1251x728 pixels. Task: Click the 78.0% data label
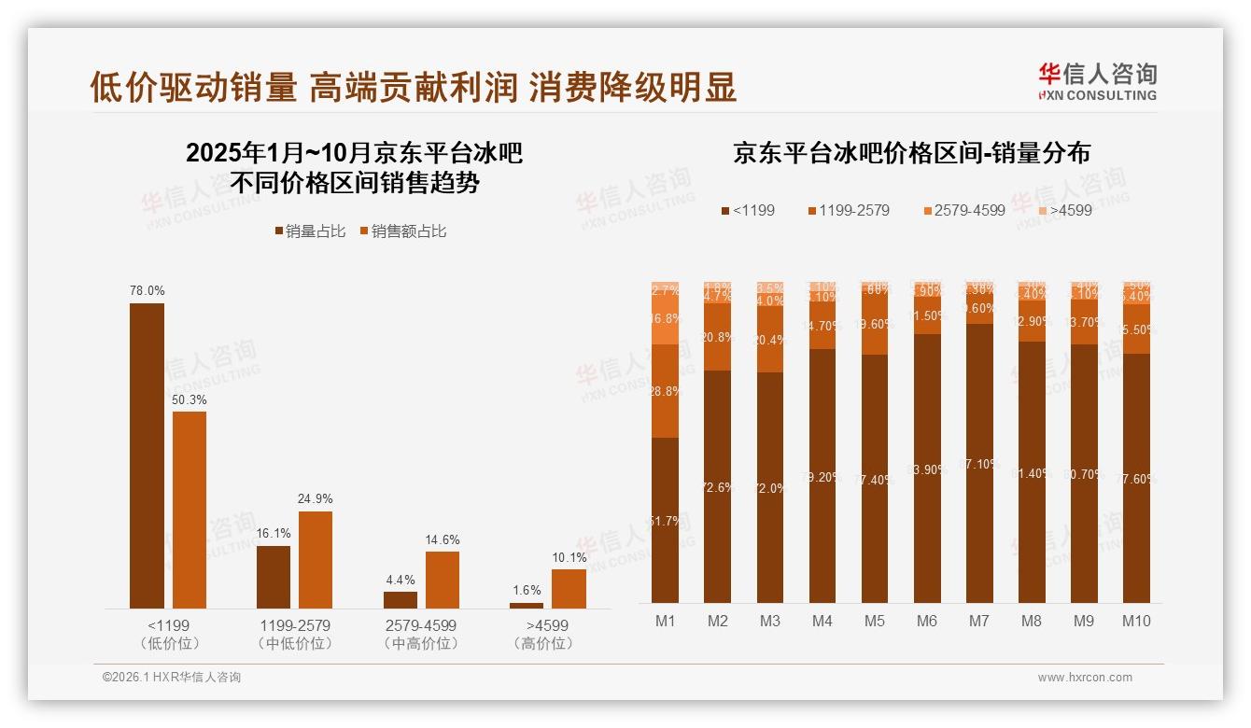click(x=147, y=291)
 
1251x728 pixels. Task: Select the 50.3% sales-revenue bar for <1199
click(x=190, y=510)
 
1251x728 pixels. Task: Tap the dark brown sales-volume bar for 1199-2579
click(x=274, y=577)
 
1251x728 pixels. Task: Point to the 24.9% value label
click(x=316, y=498)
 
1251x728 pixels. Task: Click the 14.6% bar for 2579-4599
click(x=443, y=580)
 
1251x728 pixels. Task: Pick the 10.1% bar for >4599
click(x=569, y=589)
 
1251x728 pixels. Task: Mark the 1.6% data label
click(x=527, y=590)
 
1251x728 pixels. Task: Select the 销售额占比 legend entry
click(x=402, y=231)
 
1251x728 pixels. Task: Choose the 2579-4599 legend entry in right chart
click(x=963, y=210)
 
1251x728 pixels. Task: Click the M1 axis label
click(x=665, y=621)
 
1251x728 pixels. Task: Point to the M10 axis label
click(x=1135, y=621)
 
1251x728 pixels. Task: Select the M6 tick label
click(x=926, y=621)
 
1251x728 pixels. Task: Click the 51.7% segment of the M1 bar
click(x=665, y=520)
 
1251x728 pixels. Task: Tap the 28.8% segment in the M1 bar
click(x=665, y=391)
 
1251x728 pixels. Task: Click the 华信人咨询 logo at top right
click(x=1097, y=80)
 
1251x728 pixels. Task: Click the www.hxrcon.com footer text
click(x=1085, y=678)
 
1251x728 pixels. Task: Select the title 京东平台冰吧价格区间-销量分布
click(x=911, y=154)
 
